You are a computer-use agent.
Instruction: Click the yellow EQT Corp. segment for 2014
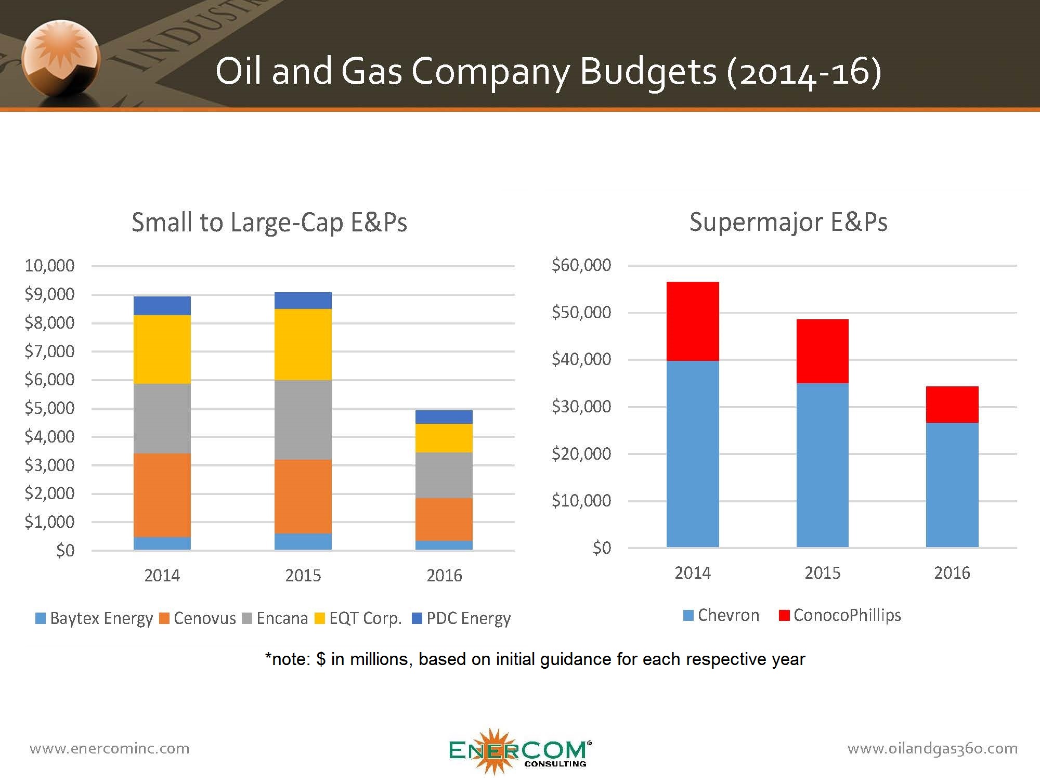[162, 349]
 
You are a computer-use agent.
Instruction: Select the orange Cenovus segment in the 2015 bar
[303, 497]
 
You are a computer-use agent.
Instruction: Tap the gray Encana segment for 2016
[444, 475]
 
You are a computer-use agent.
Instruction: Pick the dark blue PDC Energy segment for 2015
[303, 301]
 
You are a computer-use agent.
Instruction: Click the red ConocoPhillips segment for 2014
[692, 321]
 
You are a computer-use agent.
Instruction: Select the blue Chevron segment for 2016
[952, 485]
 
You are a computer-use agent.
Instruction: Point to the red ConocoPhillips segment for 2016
[952, 405]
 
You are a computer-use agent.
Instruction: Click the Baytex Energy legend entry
[94, 618]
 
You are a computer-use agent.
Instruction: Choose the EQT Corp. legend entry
[359, 618]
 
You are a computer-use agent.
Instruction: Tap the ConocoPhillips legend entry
[840, 615]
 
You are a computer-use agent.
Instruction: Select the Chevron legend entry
[721, 615]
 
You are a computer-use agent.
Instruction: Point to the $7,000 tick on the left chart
[50, 352]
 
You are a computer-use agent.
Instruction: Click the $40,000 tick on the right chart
[581, 359]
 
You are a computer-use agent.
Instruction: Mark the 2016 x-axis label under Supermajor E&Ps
[952, 573]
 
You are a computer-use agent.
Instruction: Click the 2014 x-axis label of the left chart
[162, 576]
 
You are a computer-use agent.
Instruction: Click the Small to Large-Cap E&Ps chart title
[269, 223]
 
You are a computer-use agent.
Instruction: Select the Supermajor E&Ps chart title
[788, 222]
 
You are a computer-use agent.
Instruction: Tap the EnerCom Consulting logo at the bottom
[519, 750]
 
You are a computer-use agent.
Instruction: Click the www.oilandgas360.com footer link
[932, 748]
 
